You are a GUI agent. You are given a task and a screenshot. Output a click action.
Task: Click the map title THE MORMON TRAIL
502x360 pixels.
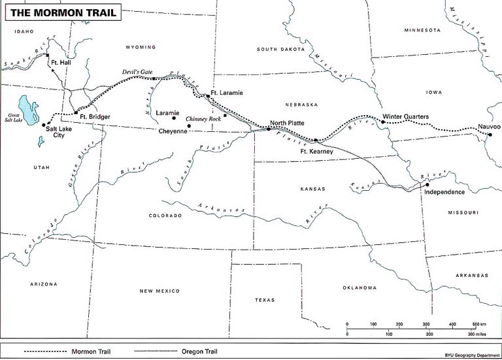[63, 13]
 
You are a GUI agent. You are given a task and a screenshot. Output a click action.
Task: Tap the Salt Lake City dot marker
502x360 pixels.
[44, 124]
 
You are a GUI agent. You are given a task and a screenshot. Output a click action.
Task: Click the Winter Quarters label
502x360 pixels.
[405, 116]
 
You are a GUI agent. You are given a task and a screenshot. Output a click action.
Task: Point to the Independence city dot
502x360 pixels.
[426, 185]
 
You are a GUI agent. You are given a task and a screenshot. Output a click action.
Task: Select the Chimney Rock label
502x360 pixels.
[203, 120]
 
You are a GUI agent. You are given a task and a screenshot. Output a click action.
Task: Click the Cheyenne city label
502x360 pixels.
[173, 131]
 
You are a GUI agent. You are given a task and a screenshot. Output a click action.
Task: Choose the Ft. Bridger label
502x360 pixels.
[95, 116]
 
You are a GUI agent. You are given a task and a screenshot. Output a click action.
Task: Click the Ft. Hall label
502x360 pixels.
[64, 62]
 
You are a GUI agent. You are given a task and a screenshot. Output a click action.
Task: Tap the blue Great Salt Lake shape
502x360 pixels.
[28, 108]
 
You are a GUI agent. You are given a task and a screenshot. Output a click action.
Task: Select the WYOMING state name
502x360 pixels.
[141, 47]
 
